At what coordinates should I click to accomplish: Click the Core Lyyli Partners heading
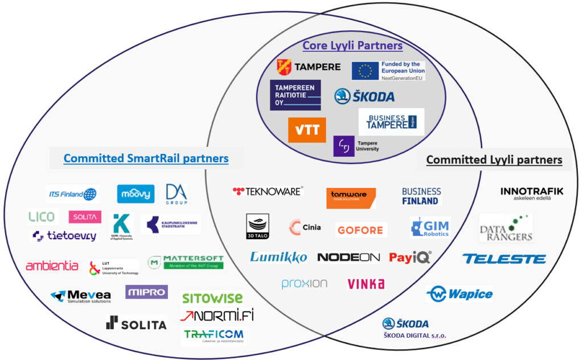(352, 46)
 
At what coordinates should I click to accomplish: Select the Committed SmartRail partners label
(146, 158)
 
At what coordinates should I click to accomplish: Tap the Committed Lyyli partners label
(494, 160)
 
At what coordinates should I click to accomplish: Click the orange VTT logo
(307, 130)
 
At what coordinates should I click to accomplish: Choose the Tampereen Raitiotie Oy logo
(295, 95)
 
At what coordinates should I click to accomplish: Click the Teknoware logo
(268, 191)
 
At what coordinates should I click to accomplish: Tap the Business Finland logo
(421, 196)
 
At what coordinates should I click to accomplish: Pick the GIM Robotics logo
(430, 227)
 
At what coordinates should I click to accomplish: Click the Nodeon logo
(348, 257)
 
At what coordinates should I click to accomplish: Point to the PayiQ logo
(410, 257)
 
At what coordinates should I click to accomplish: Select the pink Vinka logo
(366, 284)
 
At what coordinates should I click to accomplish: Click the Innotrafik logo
(532, 194)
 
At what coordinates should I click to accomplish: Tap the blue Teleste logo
(504, 259)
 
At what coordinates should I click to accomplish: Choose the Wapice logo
(459, 294)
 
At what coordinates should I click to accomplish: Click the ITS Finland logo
(72, 194)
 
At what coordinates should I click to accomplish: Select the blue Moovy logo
(136, 194)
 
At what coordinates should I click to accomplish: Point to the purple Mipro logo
(146, 292)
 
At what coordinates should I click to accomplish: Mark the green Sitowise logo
(212, 298)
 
